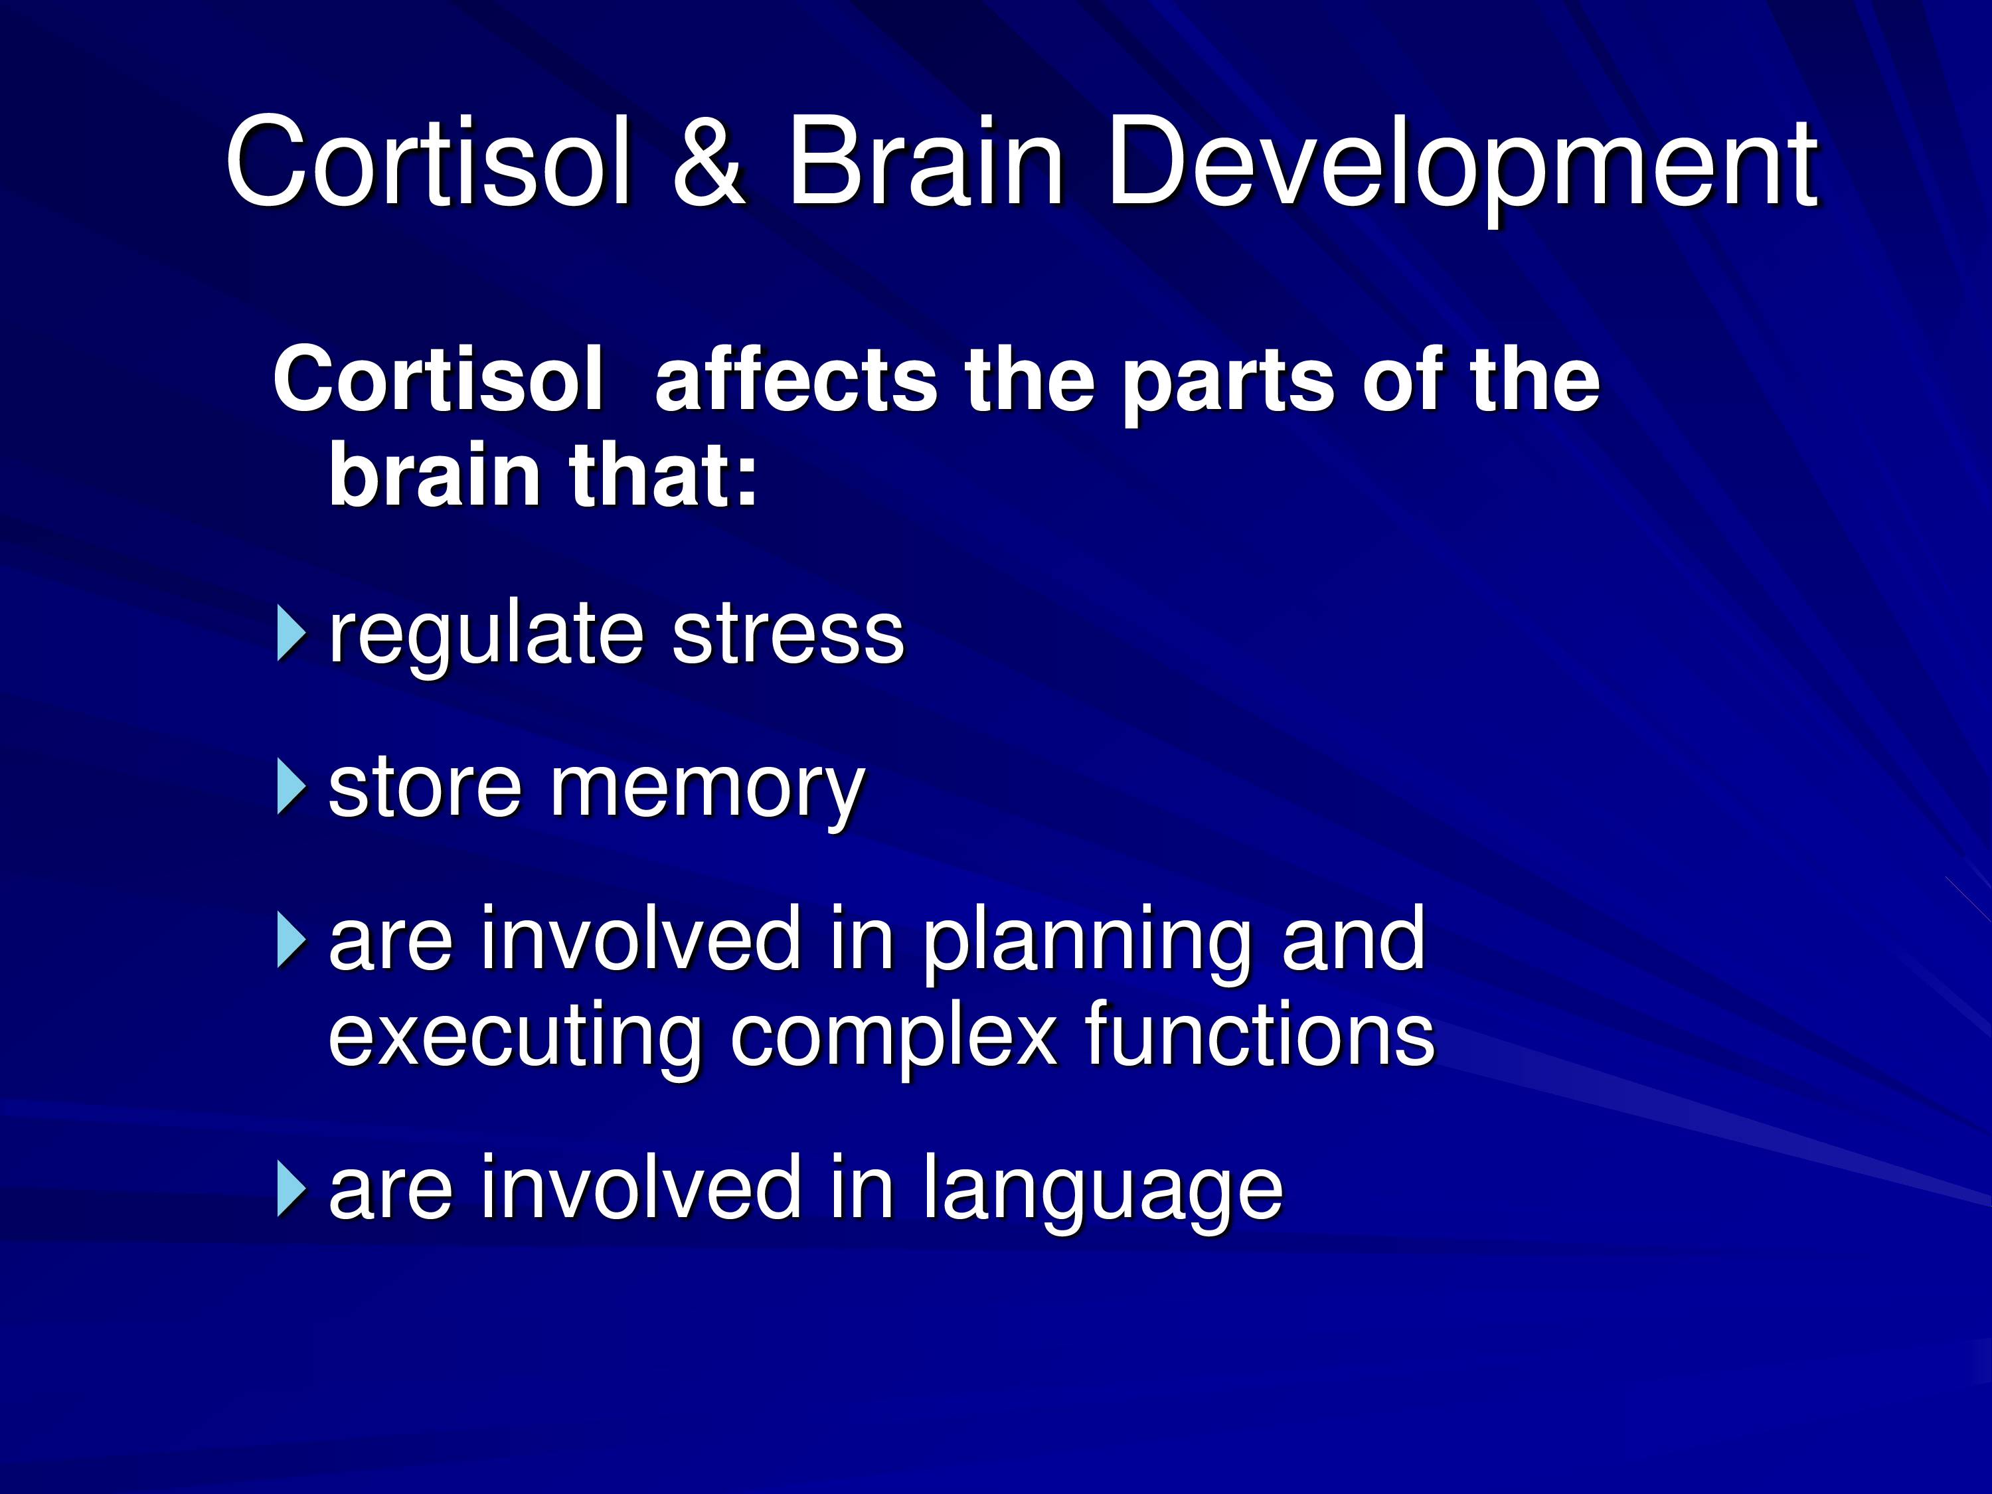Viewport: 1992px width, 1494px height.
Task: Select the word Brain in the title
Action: pos(926,161)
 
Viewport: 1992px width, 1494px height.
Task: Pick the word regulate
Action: pos(485,637)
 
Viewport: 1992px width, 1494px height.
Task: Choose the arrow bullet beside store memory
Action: pos(291,787)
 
